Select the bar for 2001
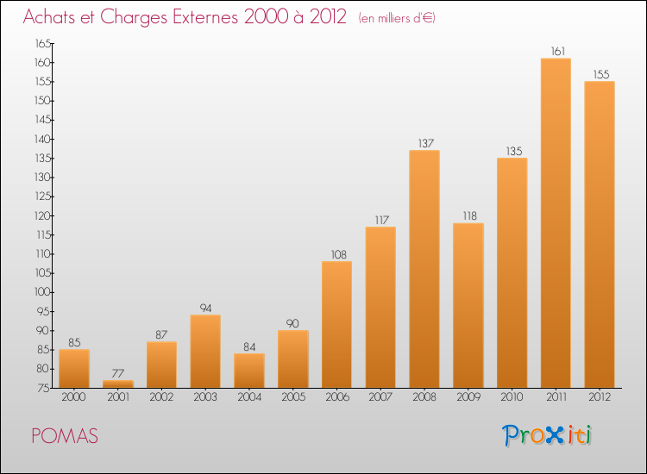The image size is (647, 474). [118, 384]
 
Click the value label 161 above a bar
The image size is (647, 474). [556, 52]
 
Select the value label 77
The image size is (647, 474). [118, 373]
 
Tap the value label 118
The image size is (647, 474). [468, 216]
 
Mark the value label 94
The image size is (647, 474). [205, 308]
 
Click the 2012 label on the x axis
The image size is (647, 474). [600, 398]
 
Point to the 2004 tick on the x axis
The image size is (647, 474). [249, 398]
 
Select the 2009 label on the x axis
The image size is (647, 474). [468, 398]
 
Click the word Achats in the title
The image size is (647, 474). [49, 17]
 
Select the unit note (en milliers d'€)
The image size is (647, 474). [397, 18]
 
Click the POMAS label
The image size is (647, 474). [65, 436]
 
